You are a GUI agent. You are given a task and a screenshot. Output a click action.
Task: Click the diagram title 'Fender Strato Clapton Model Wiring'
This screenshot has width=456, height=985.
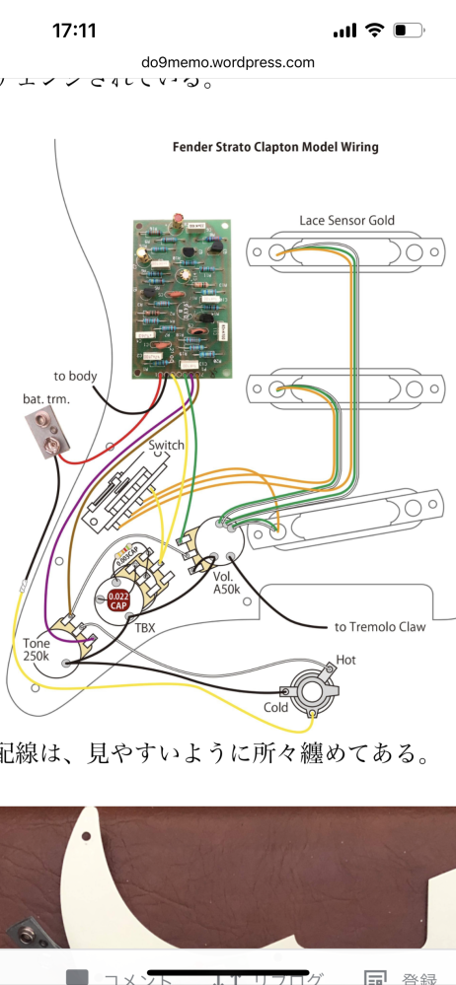click(x=276, y=147)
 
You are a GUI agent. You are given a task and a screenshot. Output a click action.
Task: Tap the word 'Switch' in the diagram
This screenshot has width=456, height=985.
click(x=166, y=445)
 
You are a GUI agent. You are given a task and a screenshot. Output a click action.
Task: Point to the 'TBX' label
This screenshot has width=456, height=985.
click(x=145, y=626)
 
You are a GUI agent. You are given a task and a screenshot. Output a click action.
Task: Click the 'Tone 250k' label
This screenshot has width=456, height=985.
click(x=37, y=651)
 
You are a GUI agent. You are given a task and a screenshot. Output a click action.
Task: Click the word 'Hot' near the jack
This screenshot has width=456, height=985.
click(x=346, y=659)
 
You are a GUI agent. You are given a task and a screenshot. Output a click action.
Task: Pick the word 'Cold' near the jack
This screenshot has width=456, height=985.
click(x=276, y=707)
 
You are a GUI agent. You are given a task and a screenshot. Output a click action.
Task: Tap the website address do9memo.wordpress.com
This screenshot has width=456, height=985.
click(x=228, y=62)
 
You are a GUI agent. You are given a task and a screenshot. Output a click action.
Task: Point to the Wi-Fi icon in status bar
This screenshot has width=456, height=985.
click(x=375, y=31)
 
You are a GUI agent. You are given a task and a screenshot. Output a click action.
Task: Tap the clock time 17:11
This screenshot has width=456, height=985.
click(x=73, y=31)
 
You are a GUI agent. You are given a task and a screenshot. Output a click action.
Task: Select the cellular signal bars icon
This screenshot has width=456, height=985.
click(x=344, y=31)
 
